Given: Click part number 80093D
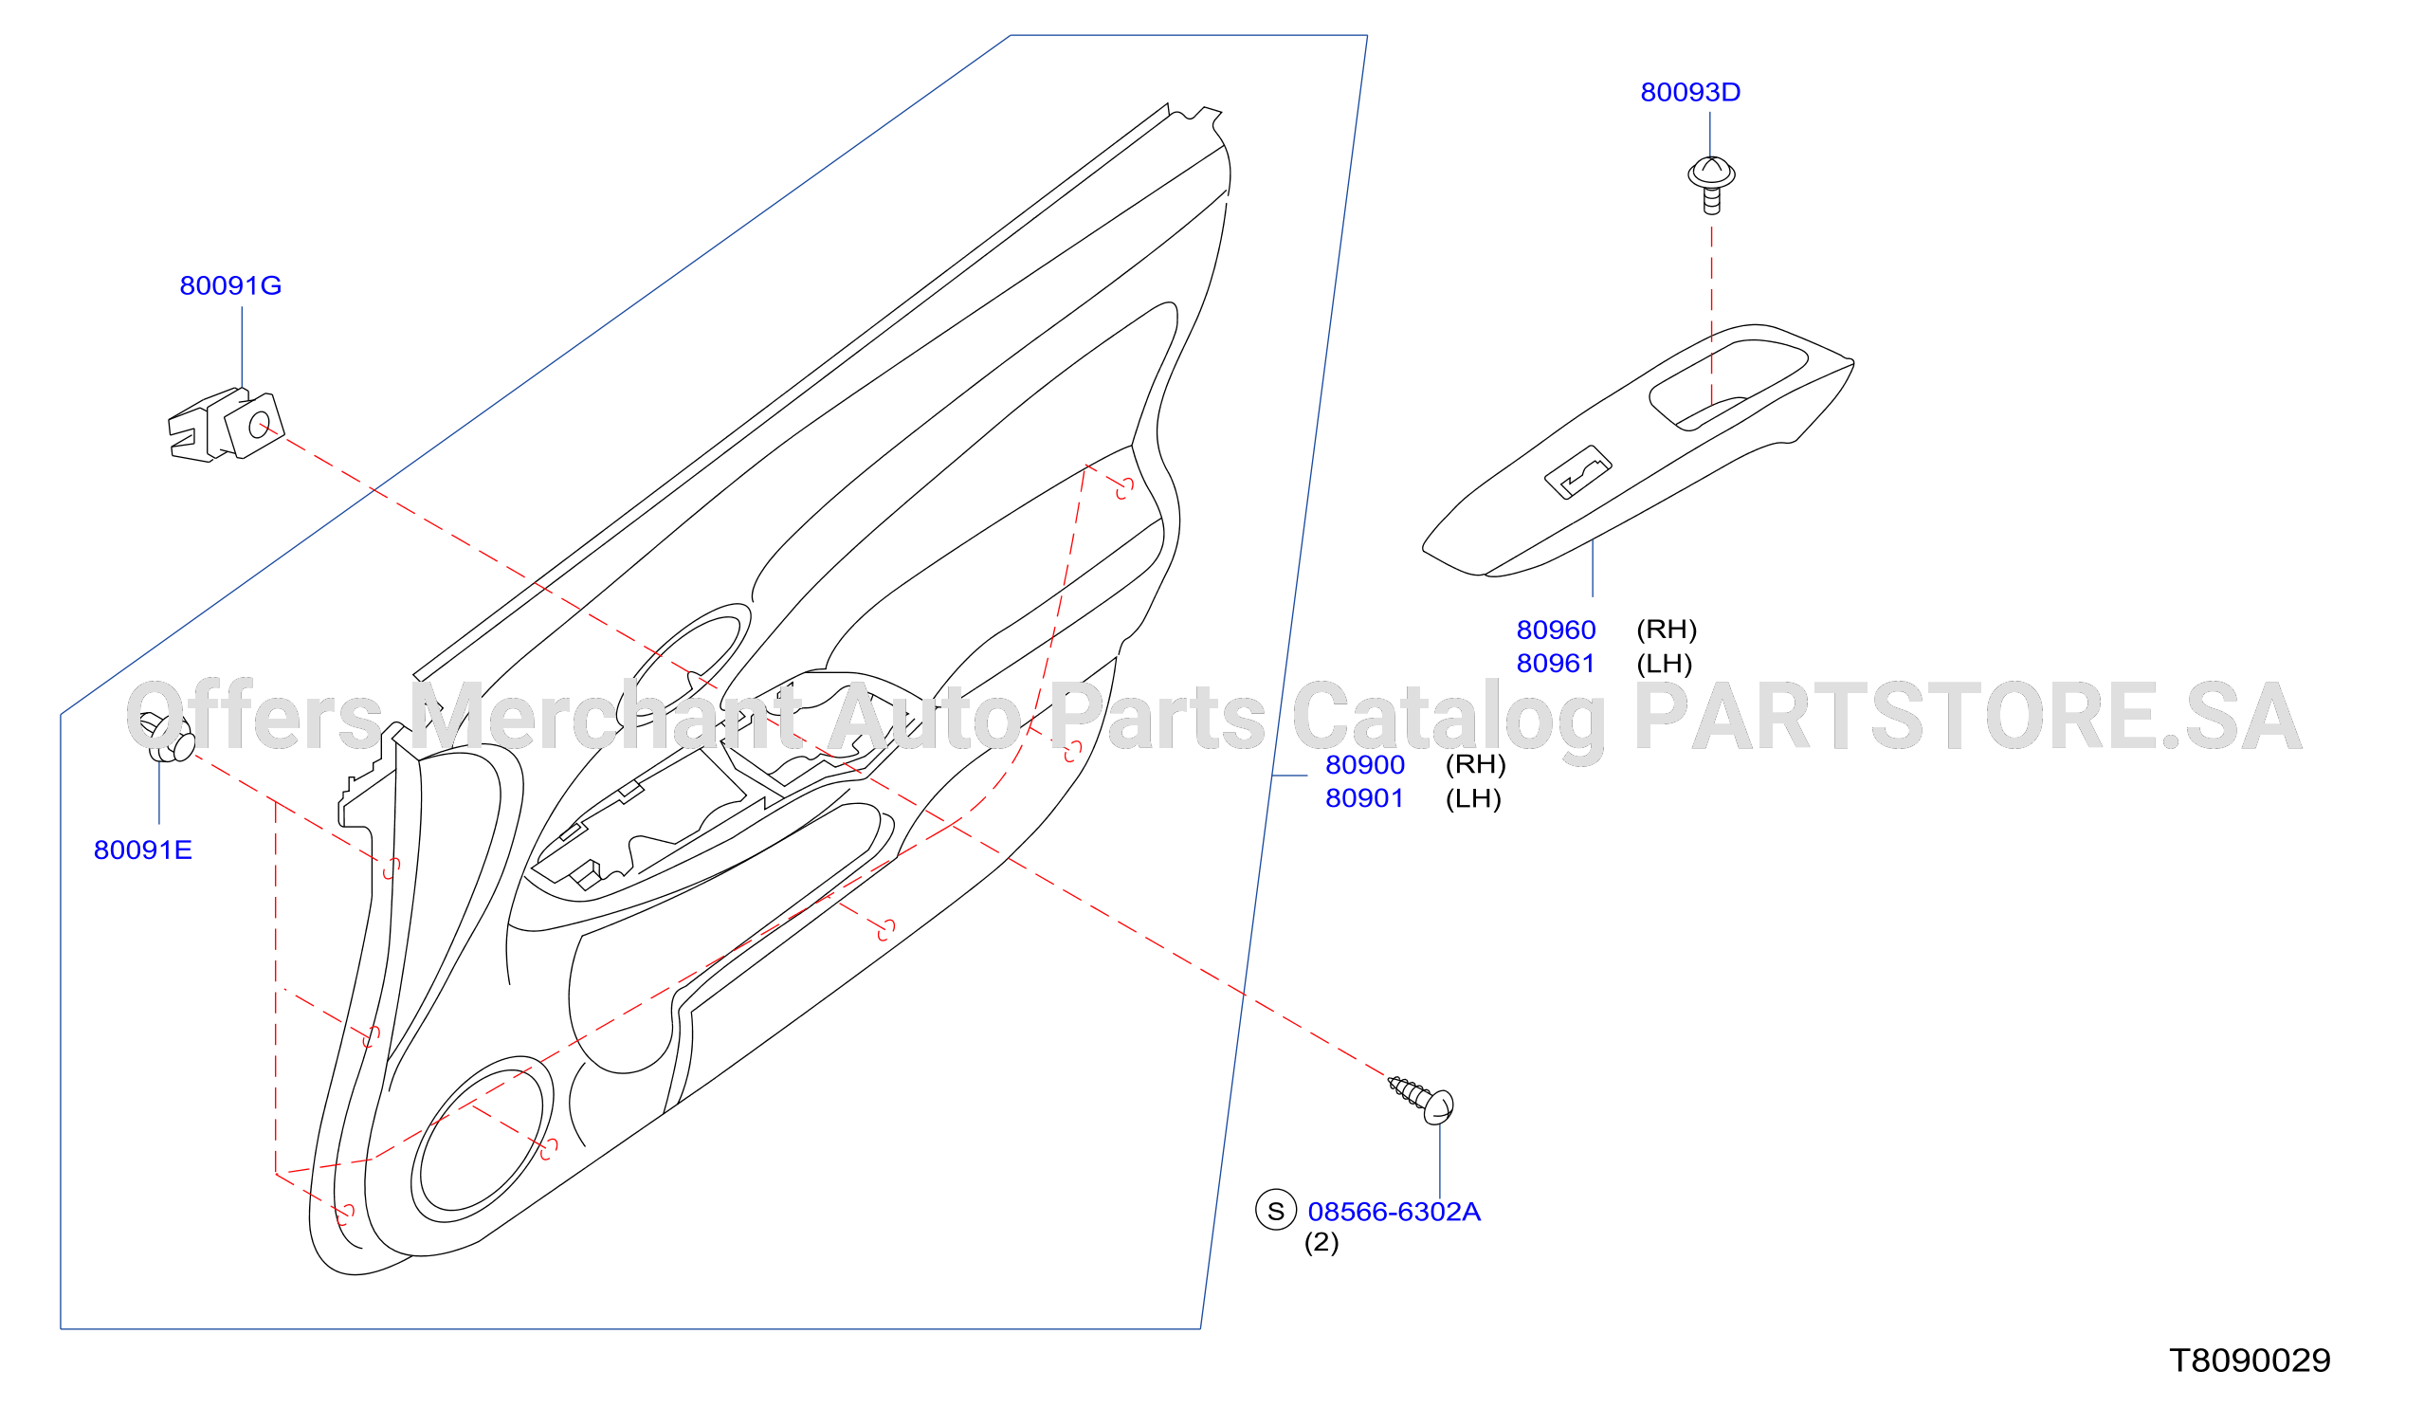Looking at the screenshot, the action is [1690, 92].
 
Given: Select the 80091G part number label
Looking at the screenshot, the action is [231, 285].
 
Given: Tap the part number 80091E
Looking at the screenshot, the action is [142, 850].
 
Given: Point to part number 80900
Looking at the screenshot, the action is [1365, 765].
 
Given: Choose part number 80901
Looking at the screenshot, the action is [1365, 799].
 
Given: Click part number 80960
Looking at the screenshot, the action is [1557, 630].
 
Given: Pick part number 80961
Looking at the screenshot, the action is [1556, 665].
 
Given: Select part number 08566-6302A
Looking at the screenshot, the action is [1394, 1213].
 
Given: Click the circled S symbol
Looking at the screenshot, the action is [1276, 1211].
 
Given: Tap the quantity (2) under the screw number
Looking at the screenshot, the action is [1321, 1244].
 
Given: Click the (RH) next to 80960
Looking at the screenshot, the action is [1667, 630].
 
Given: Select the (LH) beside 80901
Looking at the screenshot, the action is [1473, 799].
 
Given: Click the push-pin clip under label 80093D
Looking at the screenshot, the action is [1711, 186].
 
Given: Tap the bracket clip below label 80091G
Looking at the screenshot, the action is [226, 425].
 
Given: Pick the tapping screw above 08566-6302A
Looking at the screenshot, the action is [1422, 1100].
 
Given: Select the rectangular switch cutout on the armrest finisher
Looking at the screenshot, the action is [1577, 472].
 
